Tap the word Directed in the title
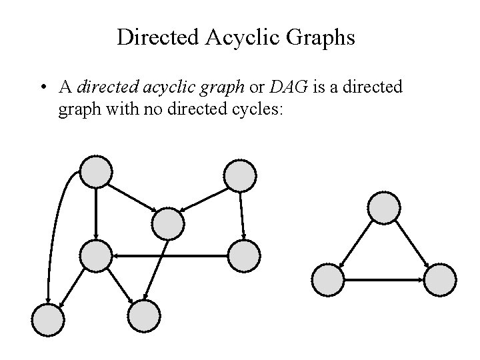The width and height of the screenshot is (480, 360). (x=158, y=37)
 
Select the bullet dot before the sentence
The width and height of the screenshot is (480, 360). (x=42, y=87)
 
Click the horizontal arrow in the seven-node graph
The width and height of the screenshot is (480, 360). (x=170, y=255)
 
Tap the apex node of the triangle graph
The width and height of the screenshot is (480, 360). (x=385, y=207)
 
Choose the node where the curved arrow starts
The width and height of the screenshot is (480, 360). (x=96, y=173)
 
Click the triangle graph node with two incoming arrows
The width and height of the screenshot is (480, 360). (x=440, y=281)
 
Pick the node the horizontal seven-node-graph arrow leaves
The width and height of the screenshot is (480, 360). (x=243, y=255)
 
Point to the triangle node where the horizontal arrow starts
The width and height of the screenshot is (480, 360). (x=329, y=281)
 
